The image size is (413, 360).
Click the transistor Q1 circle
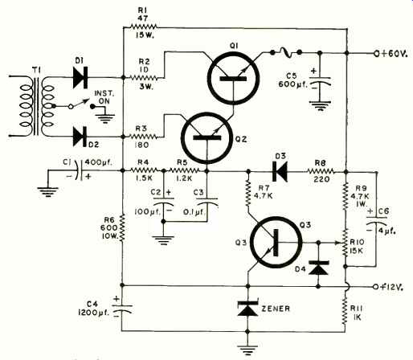coord(233,53)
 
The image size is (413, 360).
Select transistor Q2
coord(206,138)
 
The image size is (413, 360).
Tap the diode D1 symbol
coord(80,78)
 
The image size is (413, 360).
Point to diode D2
coord(80,137)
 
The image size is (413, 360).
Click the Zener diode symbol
coord(247,308)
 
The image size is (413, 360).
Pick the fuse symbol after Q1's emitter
coord(285,53)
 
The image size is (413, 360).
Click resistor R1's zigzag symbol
coord(144,27)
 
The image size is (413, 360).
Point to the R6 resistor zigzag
coord(122,228)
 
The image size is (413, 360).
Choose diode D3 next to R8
coord(280,171)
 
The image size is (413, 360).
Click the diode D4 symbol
coord(318,268)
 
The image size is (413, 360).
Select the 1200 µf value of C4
coord(94,313)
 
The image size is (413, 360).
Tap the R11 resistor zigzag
coord(346,309)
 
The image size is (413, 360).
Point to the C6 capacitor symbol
coord(376,221)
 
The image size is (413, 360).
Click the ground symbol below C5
coord(320,106)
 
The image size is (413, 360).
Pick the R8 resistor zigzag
coord(321,171)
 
